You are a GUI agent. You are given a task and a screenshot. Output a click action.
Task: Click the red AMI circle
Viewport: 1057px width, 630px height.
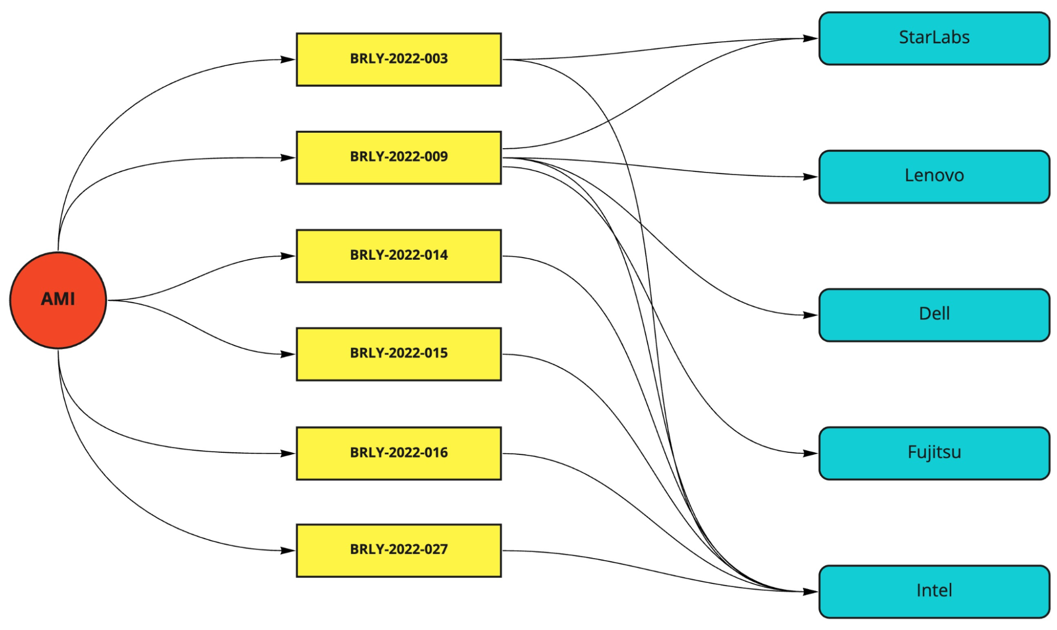tap(58, 300)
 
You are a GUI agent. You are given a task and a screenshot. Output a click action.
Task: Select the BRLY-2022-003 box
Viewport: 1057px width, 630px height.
tap(398, 59)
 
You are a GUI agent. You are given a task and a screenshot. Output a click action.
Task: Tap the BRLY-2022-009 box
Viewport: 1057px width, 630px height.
tap(398, 158)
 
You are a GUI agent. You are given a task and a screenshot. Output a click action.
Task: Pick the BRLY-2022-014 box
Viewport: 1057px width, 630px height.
tap(398, 255)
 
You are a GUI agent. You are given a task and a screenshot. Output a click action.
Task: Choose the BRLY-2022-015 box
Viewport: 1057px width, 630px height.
tap(398, 354)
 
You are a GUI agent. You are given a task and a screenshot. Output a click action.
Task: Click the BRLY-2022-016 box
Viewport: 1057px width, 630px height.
tap(398, 453)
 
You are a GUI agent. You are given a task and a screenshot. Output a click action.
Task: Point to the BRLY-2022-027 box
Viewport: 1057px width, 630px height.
tap(398, 550)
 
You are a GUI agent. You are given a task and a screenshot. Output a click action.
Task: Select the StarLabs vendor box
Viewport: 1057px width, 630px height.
tap(934, 38)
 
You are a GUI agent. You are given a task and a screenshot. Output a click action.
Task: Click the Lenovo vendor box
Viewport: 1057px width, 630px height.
tap(934, 176)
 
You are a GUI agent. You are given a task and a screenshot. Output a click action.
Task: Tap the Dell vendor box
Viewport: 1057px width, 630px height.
tap(934, 315)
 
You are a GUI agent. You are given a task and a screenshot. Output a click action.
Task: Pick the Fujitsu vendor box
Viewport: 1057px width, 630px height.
tap(934, 453)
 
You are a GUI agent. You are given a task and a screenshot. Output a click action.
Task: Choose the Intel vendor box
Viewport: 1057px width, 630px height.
tap(934, 591)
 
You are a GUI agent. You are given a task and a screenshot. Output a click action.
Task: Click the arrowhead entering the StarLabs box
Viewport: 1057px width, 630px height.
tap(811, 38)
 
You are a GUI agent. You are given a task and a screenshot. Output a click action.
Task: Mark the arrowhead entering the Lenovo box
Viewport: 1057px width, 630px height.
tap(811, 177)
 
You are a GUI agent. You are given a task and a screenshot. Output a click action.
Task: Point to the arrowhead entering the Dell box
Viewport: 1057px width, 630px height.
tap(811, 315)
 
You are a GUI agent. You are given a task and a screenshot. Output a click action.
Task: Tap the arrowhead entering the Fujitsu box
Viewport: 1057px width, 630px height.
tap(811, 453)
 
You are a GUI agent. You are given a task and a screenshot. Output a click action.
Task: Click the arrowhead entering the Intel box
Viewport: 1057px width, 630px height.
tap(811, 591)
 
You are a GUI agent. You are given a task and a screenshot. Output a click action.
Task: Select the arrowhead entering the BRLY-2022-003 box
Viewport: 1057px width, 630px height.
tap(288, 59)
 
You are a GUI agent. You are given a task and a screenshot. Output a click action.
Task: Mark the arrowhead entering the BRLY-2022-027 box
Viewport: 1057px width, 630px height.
tap(288, 550)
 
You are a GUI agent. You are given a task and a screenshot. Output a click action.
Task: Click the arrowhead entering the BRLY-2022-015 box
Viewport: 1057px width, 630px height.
tap(288, 354)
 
